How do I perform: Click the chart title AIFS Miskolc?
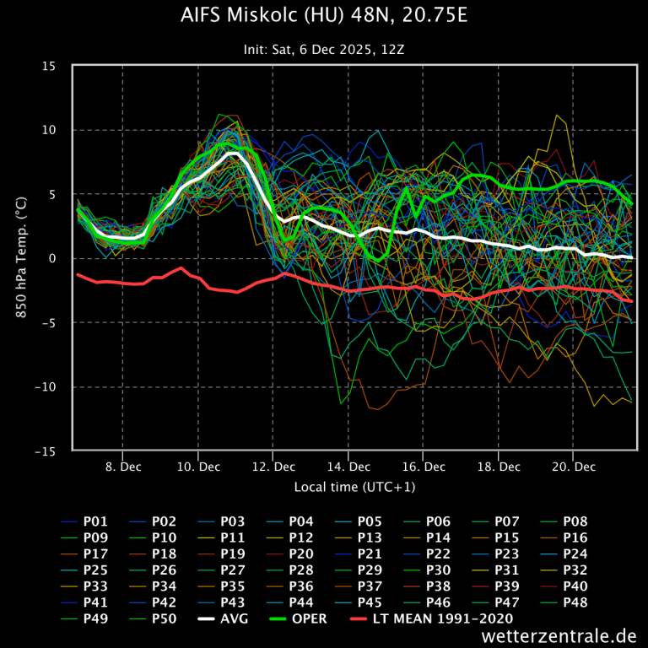pyautogui.click(x=323, y=18)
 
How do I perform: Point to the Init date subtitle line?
pyautogui.click(x=323, y=50)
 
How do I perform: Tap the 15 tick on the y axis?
pyautogui.click(x=50, y=66)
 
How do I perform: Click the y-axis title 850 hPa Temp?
pyautogui.click(x=20, y=258)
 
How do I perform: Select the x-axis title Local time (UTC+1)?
pyautogui.click(x=354, y=487)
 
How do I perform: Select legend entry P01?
pyautogui.click(x=97, y=521)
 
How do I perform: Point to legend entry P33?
pyautogui.click(x=97, y=586)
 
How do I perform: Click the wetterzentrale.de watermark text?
pyautogui.click(x=559, y=634)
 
